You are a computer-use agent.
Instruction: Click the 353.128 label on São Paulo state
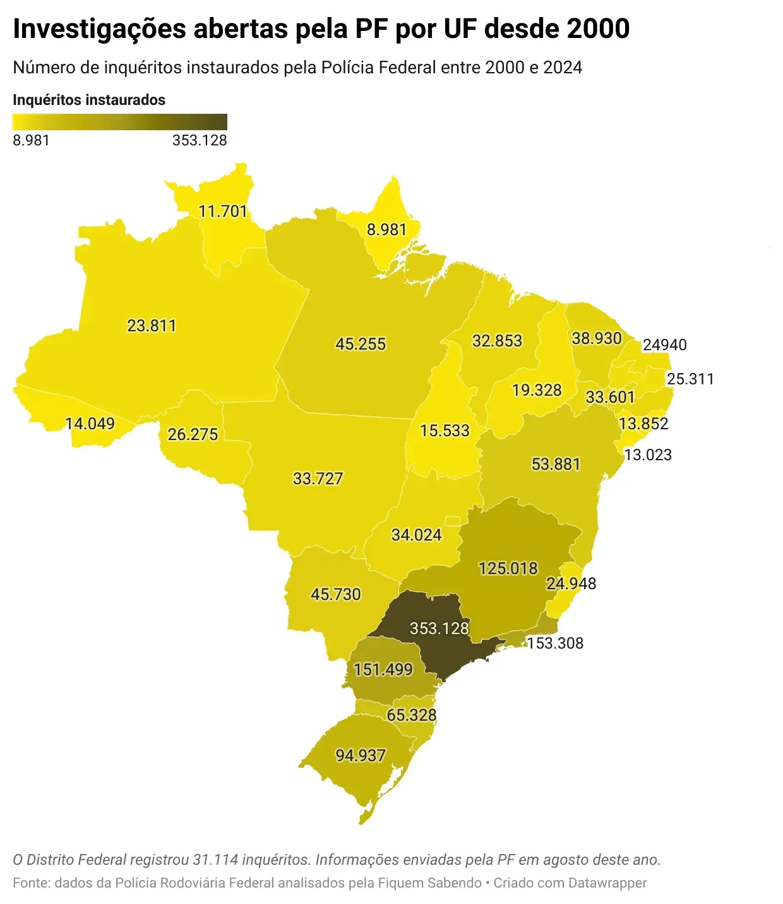pos(439,628)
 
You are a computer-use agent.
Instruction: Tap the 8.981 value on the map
pos(386,229)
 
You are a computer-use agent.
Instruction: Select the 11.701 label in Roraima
pos(222,211)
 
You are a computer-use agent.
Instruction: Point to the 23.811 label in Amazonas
pos(152,326)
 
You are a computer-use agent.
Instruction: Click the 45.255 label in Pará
pos(360,344)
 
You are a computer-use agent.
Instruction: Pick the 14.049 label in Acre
pos(90,424)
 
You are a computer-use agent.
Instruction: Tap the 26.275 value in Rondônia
pos(193,434)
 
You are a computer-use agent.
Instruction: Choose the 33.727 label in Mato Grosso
pos(318,479)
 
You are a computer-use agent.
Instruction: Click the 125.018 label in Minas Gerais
pos(508,568)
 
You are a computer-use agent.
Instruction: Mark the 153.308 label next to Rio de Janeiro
pos(555,644)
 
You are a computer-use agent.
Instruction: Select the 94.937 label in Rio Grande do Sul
pos(360,755)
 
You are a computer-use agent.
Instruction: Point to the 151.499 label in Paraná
pos(383,669)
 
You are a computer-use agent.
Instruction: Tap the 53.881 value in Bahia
pos(555,464)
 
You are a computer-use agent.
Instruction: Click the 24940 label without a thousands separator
pos(664,345)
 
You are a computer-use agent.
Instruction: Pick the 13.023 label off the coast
pos(648,455)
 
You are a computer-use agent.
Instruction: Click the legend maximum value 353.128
pos(200,140)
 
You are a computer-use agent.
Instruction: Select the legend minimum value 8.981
pos(31,140)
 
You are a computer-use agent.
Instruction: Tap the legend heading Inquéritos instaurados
pos(89,100)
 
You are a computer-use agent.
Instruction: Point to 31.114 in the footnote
pos(215,860)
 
